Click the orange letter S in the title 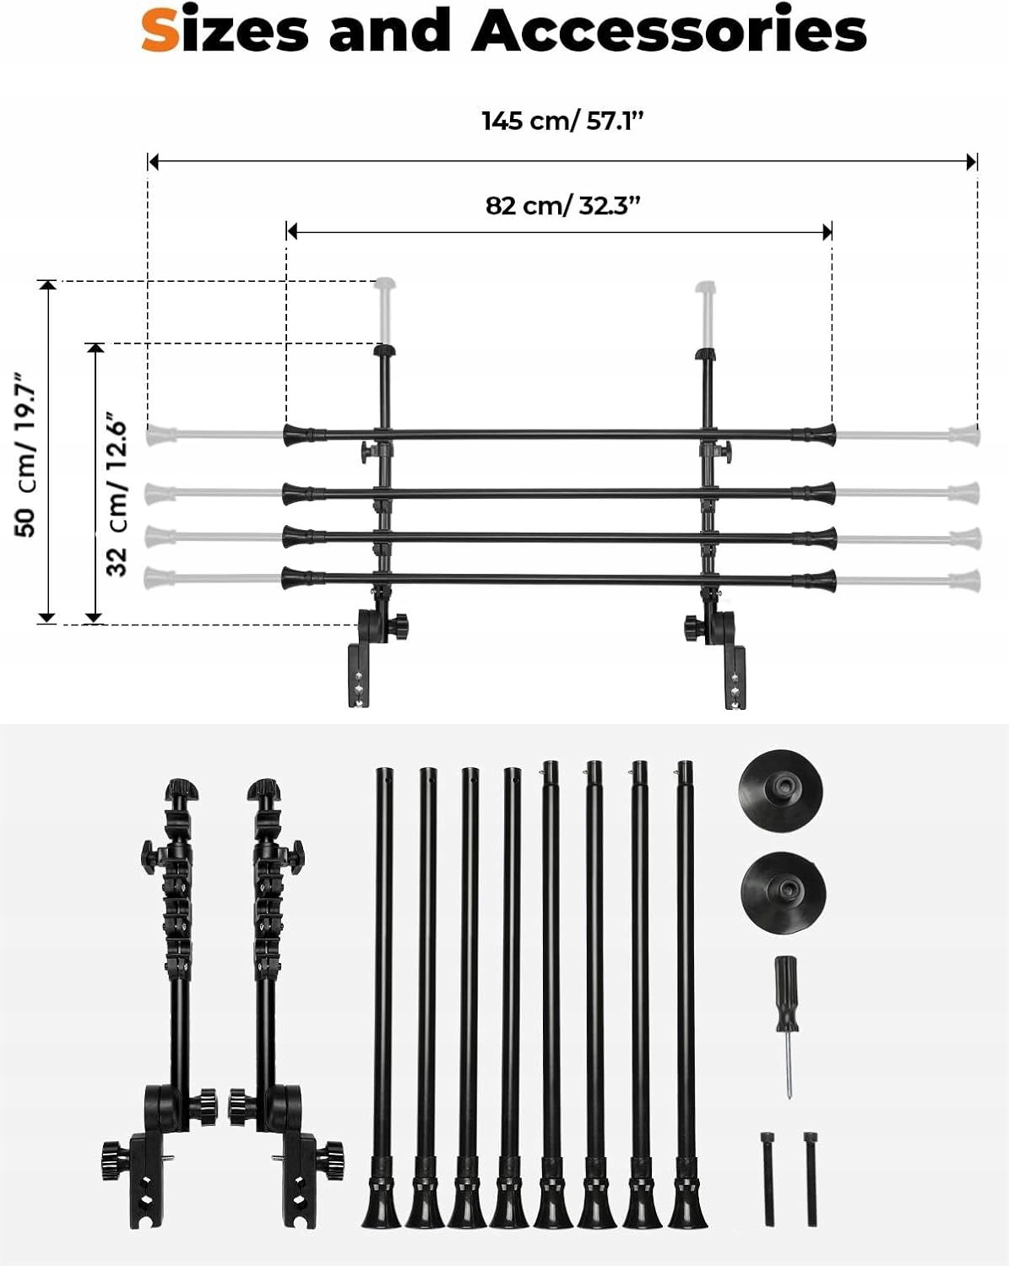point(160,30)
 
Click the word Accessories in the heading point(669,30)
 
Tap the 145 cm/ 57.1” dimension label point(563,122)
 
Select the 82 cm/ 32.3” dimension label point(562,206)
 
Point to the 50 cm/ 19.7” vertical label point(26,455)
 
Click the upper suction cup point(780,795)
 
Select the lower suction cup point(783,893)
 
